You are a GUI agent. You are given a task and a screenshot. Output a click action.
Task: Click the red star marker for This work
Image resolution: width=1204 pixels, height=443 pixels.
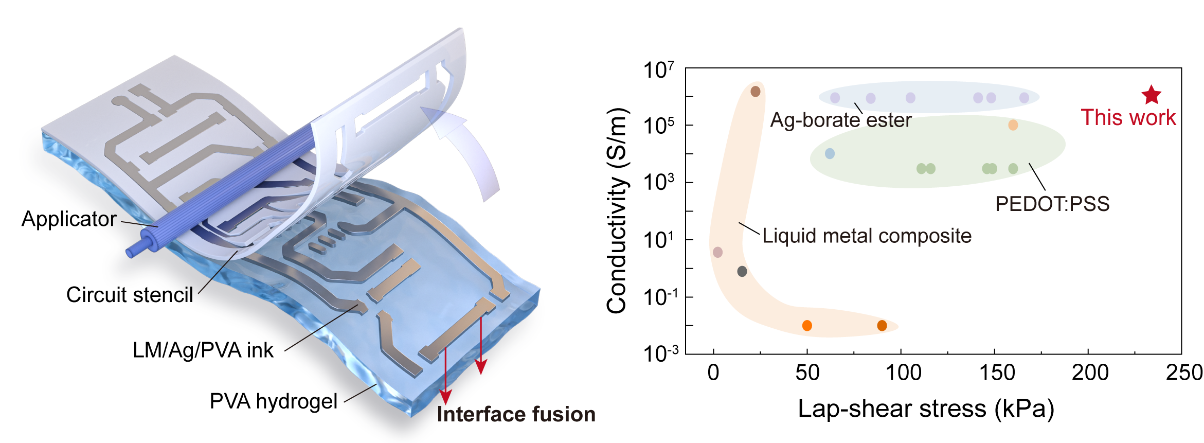(1152, 95)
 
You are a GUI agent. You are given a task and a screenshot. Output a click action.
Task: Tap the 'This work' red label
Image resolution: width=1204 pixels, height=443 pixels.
(1128, 117)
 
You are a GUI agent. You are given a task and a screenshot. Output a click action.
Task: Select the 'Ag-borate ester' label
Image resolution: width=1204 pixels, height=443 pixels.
(840, 120)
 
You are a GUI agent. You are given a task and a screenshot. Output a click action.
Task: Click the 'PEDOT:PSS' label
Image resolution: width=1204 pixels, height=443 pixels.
(1052, 204)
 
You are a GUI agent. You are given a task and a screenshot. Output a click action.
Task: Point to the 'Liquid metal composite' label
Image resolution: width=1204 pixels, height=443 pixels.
(867, 236)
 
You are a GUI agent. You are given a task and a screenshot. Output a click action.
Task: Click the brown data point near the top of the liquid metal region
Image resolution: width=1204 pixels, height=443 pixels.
(756, 92)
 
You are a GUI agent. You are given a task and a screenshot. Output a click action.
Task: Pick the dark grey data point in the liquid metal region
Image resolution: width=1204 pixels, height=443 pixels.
(742, 271)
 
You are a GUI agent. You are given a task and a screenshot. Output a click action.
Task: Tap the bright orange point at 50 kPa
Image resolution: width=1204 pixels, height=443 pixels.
(807, 325)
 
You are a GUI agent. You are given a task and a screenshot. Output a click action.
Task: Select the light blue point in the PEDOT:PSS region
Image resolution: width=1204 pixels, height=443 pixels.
(830, 153)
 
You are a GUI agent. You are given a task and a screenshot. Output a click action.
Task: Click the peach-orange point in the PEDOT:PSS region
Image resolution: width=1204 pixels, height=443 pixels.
(1013, 125)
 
